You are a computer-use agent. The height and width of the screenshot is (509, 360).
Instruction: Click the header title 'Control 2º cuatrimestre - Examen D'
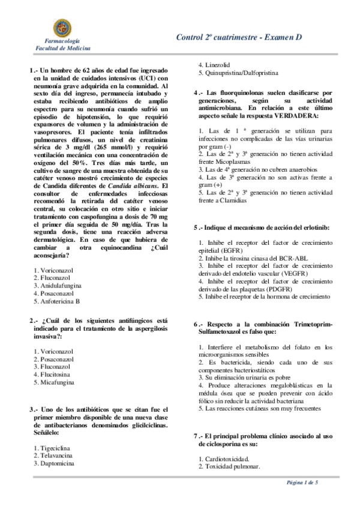click(x=238, y=37)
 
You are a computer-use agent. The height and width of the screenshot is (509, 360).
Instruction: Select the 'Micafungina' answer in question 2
click(x=56, y=382)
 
